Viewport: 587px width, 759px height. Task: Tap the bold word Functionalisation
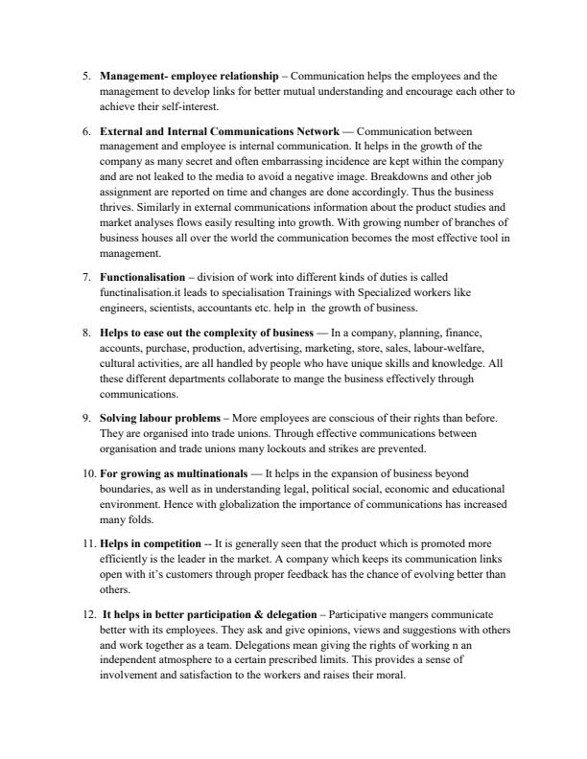click(x=142, y=277)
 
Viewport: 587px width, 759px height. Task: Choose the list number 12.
click(x=85, y=613)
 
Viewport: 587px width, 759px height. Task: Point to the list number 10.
click(x=85, y=472)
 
